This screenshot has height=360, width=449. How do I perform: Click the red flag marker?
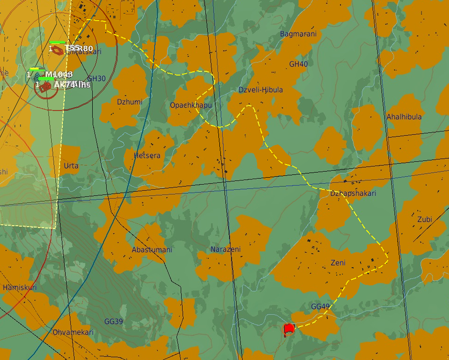click(289, 329)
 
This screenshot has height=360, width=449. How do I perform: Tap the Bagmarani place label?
click(298, 34)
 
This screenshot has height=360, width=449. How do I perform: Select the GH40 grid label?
click(298, 64)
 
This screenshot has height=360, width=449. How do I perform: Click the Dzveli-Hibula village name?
click(260, 90)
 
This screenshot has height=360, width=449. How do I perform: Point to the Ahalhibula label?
click(404, 117)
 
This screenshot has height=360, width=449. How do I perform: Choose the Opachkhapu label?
click(190, 105)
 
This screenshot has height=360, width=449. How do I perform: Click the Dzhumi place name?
click(130, 102)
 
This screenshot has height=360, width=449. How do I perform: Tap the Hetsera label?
click(147, 156)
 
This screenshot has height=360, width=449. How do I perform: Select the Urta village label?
click(71, 166)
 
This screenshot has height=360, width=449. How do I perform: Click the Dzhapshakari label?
click(353, 193)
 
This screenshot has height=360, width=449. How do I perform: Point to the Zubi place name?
click(425, 219)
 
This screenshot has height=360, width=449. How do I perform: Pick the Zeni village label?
click(338, 263)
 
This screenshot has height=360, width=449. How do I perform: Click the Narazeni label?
click(225, 250)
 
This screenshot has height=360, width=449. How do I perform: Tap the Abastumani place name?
click(152, 250)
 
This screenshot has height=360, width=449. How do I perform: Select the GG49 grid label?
click(320, 307)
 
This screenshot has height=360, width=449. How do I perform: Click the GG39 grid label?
click(114, 322)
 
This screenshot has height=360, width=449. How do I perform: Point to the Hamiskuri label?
click(20, 288)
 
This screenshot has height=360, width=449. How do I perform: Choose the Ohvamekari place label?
click(73, 332)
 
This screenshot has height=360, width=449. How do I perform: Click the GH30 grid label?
click(96, 79)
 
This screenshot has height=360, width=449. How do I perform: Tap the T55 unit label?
click(72, 48)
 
